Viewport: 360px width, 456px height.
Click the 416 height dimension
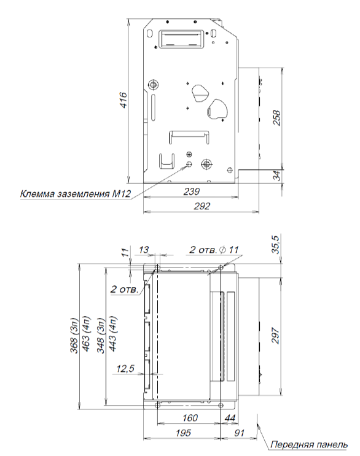coord(123,100)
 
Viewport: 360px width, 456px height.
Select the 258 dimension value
coord(277,118)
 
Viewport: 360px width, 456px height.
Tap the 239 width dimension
coord(192,191)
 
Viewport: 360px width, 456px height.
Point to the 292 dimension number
coord(202,206)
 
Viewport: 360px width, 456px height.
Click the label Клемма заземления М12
coord(76,194)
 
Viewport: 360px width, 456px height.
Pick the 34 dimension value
coord(278,176)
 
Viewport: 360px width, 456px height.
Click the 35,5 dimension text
coord(276,244)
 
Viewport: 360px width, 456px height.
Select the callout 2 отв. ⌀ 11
coord(214,250)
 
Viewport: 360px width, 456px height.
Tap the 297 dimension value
coord(275,335)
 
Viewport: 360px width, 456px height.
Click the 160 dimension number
coord(190,418)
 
